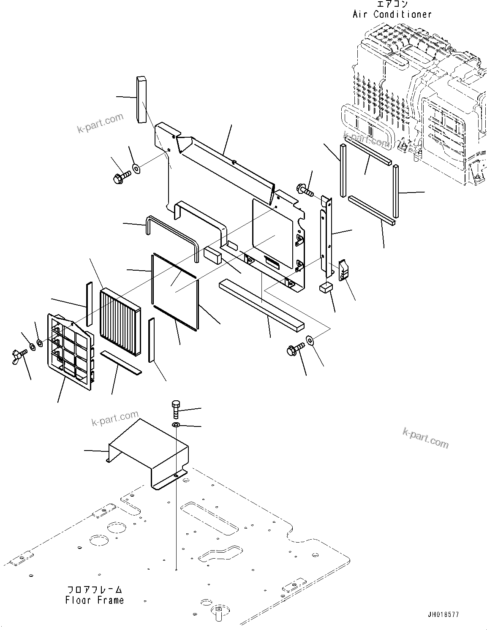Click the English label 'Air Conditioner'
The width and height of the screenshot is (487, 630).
[392, 14]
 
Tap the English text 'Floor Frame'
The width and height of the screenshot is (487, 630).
[95, 600]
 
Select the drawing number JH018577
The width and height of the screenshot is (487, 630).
[443, 615]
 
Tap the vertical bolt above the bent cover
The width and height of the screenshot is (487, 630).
[176, 409]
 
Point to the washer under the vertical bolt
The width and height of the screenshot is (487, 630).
[176, 424]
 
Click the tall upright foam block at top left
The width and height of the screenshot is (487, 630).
[141, 99]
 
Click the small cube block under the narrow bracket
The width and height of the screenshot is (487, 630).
[326, 288]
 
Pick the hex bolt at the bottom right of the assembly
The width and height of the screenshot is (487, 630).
[295, 349]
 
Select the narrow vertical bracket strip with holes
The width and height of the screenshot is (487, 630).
[327, 234]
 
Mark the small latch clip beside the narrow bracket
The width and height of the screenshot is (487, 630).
[344, 270]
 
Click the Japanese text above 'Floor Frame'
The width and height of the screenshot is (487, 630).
[95, 589]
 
